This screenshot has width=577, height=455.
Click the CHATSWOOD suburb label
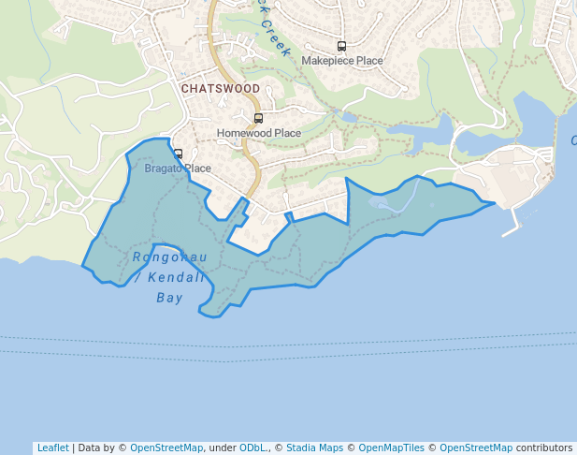click(221, 88)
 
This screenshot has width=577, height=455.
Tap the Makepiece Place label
click(342, 61)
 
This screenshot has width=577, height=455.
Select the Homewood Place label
click(259, 133)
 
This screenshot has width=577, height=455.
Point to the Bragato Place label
click(178, 169)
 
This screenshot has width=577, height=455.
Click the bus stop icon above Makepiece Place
click(341, 46)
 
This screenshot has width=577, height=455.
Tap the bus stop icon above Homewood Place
click(258, 119)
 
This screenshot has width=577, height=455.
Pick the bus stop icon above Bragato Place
click(178, 154)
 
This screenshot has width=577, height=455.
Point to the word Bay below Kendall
click(169, 299)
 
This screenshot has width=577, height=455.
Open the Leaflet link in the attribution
click(52, 448)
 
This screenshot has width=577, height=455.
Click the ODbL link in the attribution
click(255, 448)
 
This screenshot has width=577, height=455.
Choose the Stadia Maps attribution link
click(314, 448)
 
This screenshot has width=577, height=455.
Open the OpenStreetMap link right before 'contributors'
click(476, 448)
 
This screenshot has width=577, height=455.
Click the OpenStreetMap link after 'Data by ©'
click(166, 448)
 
